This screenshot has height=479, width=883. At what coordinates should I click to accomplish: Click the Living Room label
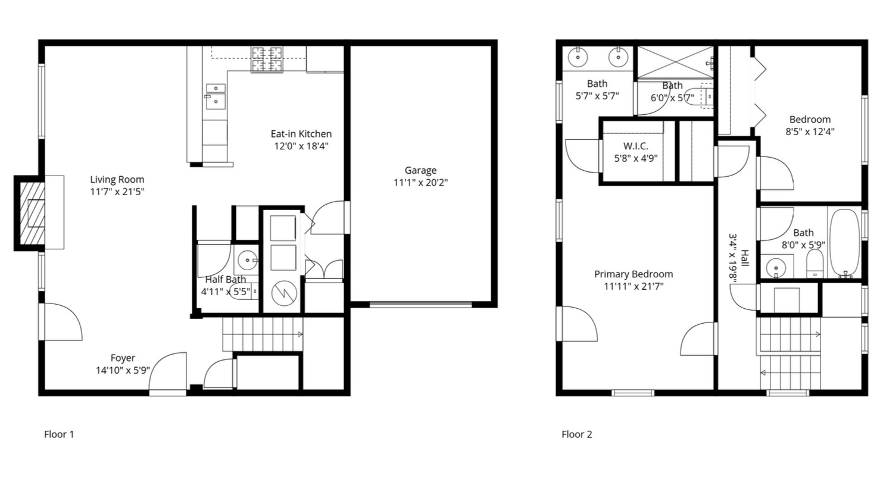(117, 180)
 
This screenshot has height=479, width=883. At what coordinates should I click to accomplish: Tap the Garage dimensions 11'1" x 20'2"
(420, 183)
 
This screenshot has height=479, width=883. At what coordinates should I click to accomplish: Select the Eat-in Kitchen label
(301, 134)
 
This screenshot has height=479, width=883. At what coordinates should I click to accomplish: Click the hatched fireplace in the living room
(32, 212)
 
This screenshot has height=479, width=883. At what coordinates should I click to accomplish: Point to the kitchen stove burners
(267, 60)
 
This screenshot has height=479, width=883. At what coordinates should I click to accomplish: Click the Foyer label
(123, 358)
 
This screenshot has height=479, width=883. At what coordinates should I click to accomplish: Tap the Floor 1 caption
(59, 434)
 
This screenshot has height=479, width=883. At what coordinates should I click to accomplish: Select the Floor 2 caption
(577, 434)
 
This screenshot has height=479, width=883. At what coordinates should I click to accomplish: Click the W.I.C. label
(635, 146)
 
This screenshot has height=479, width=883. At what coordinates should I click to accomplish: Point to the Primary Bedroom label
(634, 274)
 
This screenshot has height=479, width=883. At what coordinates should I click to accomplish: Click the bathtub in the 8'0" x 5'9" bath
(844, 243)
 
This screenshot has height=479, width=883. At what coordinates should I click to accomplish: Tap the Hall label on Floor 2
(745, 258)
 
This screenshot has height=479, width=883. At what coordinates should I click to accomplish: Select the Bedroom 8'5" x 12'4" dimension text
(810, 132)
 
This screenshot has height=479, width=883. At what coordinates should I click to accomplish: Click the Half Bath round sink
(247, 260)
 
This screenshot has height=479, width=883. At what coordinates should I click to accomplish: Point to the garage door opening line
(420, 304)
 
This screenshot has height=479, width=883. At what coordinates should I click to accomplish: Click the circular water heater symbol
(284, 293)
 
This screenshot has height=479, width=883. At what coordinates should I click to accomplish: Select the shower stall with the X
(675, 62)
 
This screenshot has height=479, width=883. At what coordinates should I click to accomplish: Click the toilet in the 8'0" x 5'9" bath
(815, 264)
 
